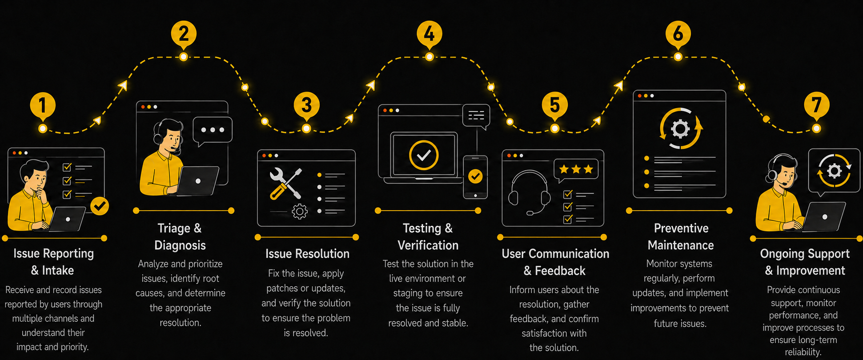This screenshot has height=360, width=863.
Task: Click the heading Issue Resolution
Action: coord(307,254)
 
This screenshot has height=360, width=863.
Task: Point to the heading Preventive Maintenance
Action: coord(681,236)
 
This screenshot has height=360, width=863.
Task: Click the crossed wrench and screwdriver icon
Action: coord(286,183)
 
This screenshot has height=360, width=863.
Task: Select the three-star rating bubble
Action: coord(576,171)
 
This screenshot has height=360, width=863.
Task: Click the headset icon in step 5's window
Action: coord(529,193)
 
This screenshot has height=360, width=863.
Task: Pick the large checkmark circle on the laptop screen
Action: coord(424,155)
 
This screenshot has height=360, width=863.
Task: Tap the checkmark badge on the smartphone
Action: coord(475,176)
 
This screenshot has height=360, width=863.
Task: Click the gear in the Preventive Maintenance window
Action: coord(680,129)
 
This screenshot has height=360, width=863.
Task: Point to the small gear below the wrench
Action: coord(300,212)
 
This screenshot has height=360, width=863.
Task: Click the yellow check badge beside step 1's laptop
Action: coord(100,206)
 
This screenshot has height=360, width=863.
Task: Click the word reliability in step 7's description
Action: coord(803,352)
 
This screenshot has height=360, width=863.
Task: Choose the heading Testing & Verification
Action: coord(428,236)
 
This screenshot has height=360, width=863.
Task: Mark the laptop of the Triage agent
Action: coord(198,181)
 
